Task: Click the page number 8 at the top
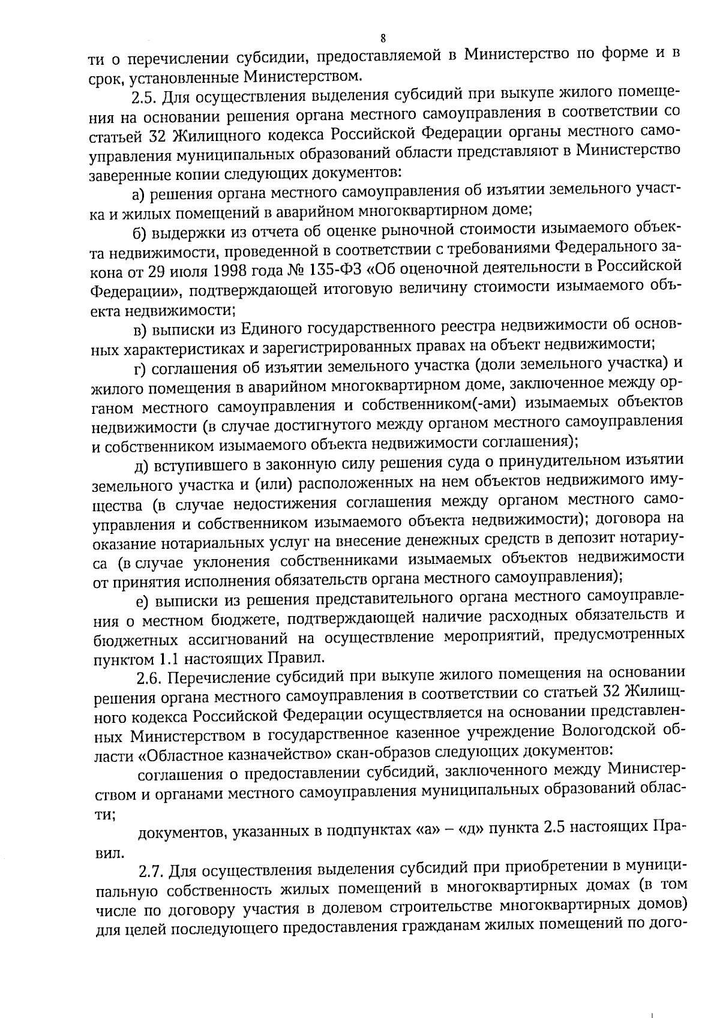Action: coord(383,39)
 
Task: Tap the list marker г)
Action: coord(140,365)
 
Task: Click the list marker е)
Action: coord(142,600)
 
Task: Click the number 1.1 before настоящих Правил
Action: coord(167,658)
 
